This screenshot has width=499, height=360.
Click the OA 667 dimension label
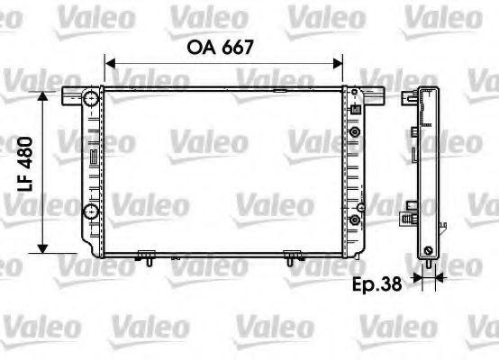click(223, 47)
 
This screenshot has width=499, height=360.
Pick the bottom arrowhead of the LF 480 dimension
click(41, 248)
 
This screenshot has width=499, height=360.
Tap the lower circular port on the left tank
click(89, 212)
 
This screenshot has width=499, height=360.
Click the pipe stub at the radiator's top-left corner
click(73, 94)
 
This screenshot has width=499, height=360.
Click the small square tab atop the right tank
click(355, 111)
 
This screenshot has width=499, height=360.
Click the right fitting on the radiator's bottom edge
click(290, 256)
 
